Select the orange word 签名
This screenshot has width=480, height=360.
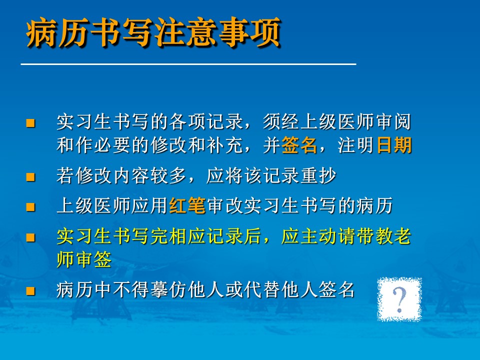tap(299, 145)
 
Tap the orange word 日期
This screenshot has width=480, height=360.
tap(394, 145)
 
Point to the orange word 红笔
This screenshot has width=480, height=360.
tap(187, 205)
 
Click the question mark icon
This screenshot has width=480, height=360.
tap(399, 299)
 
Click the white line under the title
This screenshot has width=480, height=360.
tap(188, 64)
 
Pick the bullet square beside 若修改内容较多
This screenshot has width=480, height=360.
tap(30, 177)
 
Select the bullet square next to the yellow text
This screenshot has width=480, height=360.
tap(30, 237)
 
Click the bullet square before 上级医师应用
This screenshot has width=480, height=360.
tap(30, 207)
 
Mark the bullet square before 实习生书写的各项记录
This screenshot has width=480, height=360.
tap(30, 123)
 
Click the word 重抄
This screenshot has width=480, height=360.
tap(318, 175)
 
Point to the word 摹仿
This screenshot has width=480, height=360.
tap(168, 289)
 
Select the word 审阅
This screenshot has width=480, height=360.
tap(393, 121)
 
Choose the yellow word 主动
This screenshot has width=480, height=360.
tap(318, 236)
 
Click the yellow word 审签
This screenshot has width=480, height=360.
tap(93, 259)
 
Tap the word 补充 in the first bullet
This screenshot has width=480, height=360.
tap(224, 145)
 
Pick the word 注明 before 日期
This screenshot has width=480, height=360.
tap(355, 145)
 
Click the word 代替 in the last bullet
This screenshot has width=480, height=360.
tap(262, 289)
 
